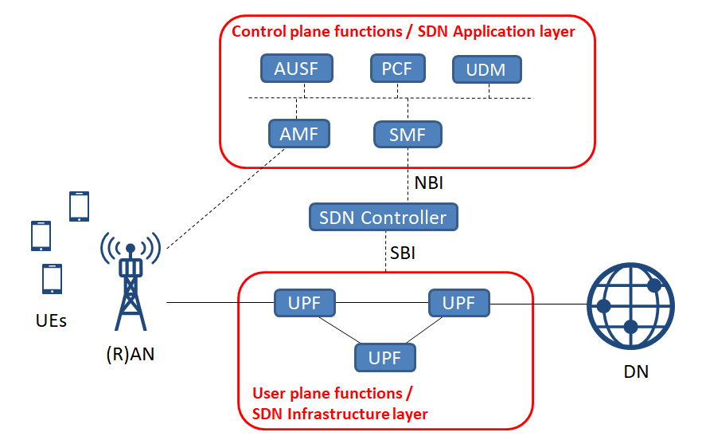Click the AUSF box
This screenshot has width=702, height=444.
[296, 69]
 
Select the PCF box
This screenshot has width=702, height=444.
[397, 69]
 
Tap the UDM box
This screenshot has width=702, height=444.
[486, 70]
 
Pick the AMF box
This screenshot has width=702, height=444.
[298, 134]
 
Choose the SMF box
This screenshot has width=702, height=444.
[408, 135]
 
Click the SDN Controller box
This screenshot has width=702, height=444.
[383, 217]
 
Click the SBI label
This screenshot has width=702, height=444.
[403, 253]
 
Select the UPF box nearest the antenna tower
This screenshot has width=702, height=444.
[305, 303]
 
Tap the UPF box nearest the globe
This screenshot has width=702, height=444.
[458, 303]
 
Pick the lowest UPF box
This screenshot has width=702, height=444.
[385, 356]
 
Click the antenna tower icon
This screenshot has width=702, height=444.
[131, 282]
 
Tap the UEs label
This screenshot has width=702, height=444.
[51, 322]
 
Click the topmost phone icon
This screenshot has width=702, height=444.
[79, 206]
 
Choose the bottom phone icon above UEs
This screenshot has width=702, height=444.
[52, 278]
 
